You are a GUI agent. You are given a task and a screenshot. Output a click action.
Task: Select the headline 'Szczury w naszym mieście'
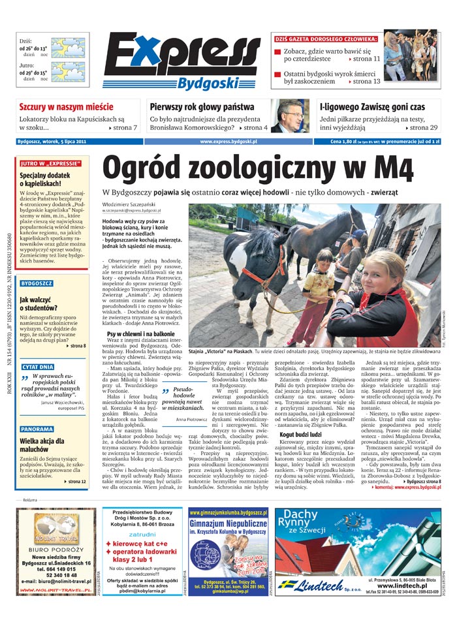pos(66,107)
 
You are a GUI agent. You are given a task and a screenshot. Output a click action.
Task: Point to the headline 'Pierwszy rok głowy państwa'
pos(202,107)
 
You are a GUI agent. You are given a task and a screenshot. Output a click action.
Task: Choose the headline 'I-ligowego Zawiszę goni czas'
pos(372,107)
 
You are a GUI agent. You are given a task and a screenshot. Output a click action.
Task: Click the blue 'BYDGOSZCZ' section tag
pos(37,284)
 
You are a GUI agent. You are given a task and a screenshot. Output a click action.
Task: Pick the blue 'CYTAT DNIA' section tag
pos(38,367)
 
